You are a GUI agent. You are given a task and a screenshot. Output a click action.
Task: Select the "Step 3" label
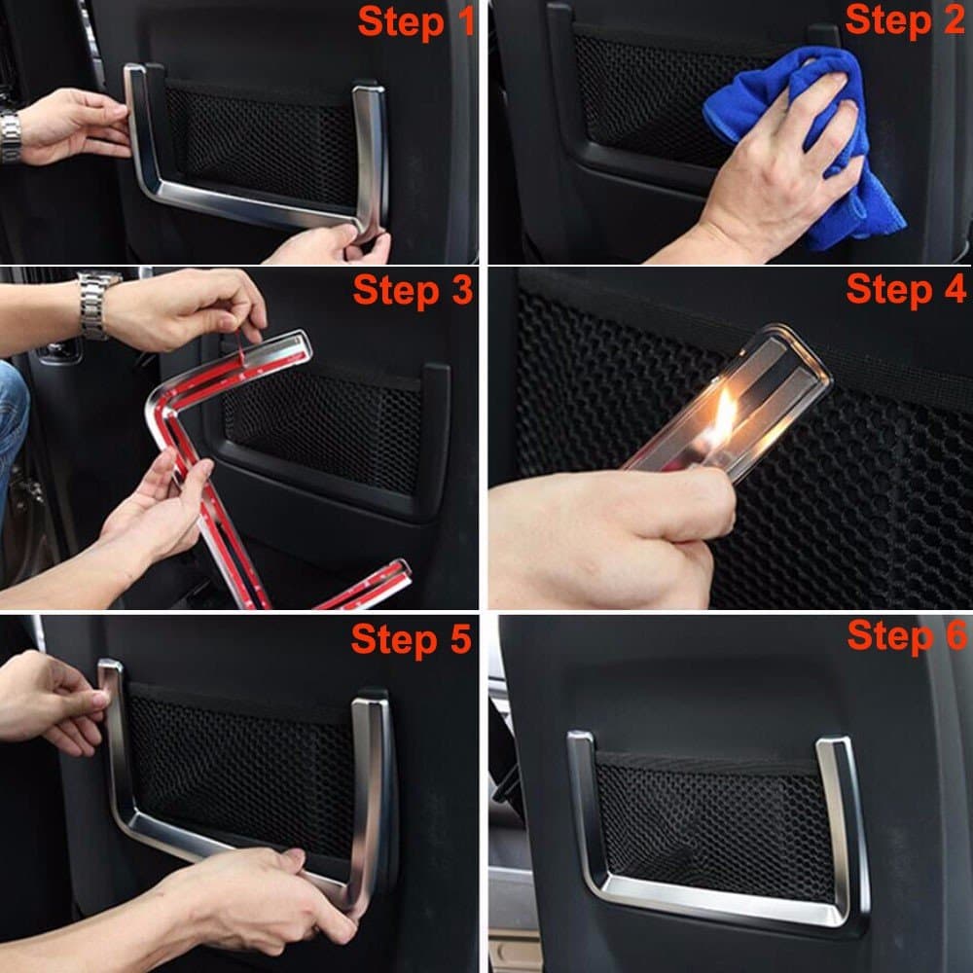412,290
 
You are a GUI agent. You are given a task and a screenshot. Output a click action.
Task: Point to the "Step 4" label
905,290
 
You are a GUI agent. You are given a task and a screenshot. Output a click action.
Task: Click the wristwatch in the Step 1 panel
11,136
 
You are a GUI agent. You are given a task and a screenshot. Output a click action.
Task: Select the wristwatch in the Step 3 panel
95,304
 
